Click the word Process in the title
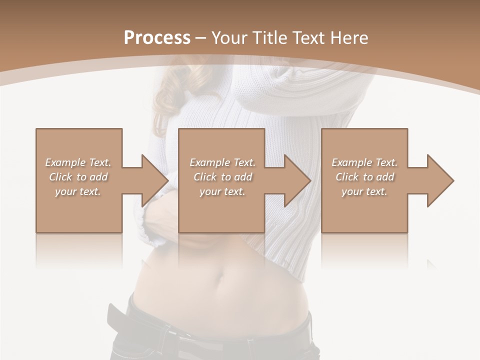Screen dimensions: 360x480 click(157, 37)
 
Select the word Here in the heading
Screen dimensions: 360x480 click(348, 37)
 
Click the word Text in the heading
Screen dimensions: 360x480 click(308, 37)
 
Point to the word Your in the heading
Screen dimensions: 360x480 click(228, 37)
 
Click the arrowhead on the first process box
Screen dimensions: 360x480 click(152, 180)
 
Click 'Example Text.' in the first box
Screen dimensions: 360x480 click(78, 162)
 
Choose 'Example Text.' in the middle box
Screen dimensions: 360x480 click(222, 162)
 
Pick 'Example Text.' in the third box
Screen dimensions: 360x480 click(364, 162)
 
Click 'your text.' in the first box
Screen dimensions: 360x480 click(78, 191)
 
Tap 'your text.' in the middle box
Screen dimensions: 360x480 click(222, 191)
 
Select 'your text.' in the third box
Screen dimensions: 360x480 click(364, 191)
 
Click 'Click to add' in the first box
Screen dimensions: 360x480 click(78, 177)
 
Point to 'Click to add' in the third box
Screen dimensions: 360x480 click(364, 177)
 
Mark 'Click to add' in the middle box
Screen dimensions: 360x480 click(222, 177)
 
